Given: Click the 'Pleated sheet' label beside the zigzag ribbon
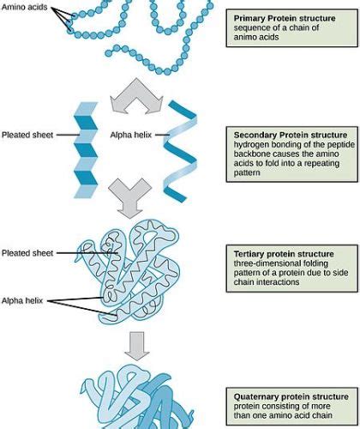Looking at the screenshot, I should point(28,135).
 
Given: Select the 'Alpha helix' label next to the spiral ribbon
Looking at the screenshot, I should point(131,135).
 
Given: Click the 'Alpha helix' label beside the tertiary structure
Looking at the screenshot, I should point(25,301).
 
